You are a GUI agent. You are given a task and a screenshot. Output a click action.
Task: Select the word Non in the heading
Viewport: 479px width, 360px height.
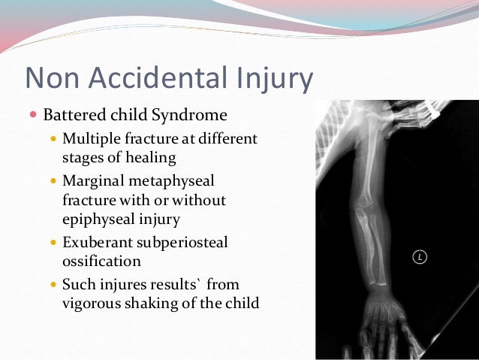(x=51, y=78)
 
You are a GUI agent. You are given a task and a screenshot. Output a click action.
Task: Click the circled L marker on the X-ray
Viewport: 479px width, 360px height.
(x=420, y=258)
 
